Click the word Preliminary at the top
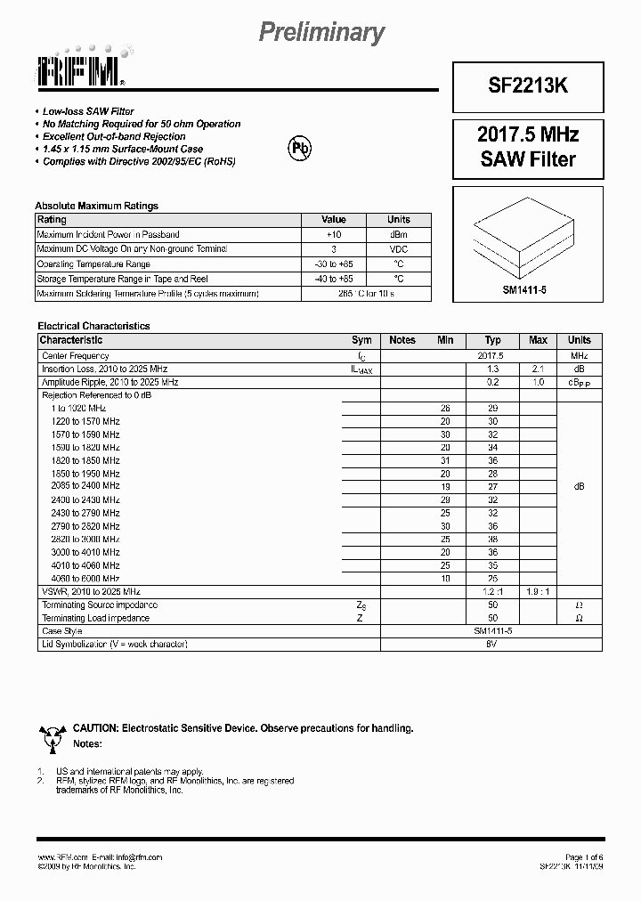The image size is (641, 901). tap(321, 33)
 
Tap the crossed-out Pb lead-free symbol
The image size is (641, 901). tap(296, 149)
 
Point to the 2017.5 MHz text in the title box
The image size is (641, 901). tap(528, 134)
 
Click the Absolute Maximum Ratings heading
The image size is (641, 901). tap(96, 206)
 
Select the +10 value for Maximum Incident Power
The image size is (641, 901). tap(333, 234)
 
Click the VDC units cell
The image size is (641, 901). tap(398, 249)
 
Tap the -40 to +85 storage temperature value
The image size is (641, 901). tap(333, 279)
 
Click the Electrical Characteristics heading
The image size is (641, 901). tap(93, 326)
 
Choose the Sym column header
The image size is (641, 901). tap(361, 340)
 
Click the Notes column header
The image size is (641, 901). tap(402, 340)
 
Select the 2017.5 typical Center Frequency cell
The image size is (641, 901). tap(491, 355)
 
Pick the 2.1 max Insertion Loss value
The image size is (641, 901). tap(538, 369)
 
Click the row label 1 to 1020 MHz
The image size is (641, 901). tap(78, 408)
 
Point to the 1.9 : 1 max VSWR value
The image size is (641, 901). tap(538, 591)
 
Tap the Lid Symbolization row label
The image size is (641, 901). tap(114, 644)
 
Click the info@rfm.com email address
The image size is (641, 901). tap(133, 856)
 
